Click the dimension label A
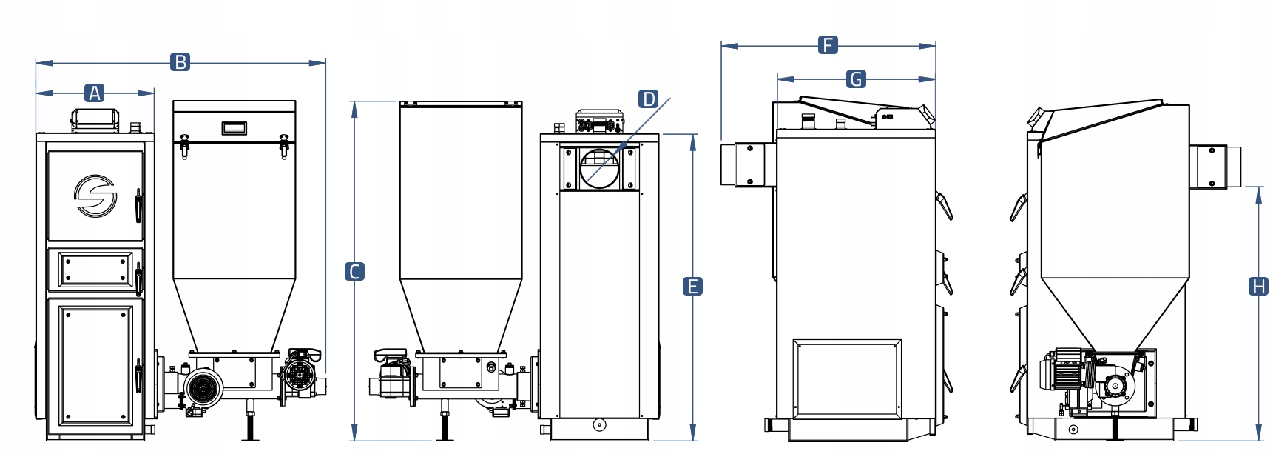(94, 93)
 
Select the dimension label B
(180, 62)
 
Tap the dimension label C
(355, 272)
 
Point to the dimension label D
(648, 99)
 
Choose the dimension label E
(692, 287)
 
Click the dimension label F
(828, 45)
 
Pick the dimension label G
(856, 79)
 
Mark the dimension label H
(1258, 287)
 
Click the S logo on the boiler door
(95, 196)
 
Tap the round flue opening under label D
(599, 168)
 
